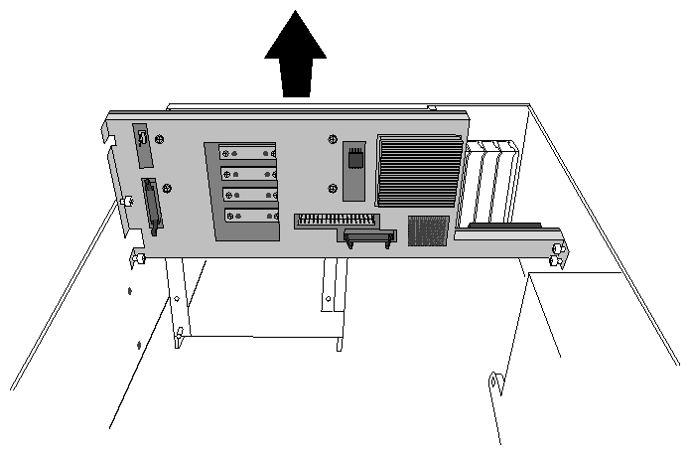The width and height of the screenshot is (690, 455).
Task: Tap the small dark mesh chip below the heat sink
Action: [428, 230]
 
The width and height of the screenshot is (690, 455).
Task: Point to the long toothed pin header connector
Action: [336, 220]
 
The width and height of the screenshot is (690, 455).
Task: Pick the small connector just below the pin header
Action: [369, 236]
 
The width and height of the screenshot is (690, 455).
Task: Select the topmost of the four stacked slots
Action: [247, 153]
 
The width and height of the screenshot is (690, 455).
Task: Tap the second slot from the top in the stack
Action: [248, 173]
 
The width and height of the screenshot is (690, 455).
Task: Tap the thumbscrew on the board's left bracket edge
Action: [125, 201]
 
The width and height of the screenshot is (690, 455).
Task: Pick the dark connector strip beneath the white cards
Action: [504, 227]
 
